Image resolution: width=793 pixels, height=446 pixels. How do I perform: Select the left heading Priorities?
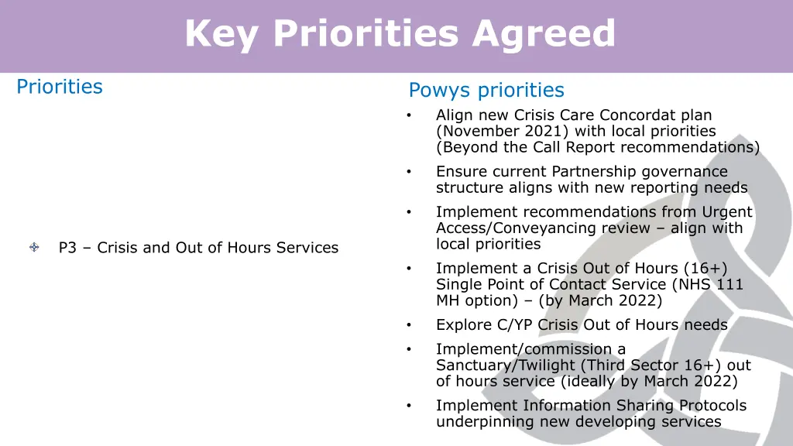pos(60,87)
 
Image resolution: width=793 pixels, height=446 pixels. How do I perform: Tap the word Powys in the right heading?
pos(439,91)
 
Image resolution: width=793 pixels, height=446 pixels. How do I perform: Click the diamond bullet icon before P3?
pos(35,248)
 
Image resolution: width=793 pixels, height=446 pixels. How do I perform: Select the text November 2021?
pos(502,132)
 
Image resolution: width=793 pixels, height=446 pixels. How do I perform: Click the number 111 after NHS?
pos(729,285)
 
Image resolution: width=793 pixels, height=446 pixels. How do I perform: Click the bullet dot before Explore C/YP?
pos(407,325)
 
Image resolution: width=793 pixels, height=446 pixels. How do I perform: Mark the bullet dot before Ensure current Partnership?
pos(407,172)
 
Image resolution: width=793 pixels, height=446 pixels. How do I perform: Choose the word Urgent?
pos(726,212)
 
